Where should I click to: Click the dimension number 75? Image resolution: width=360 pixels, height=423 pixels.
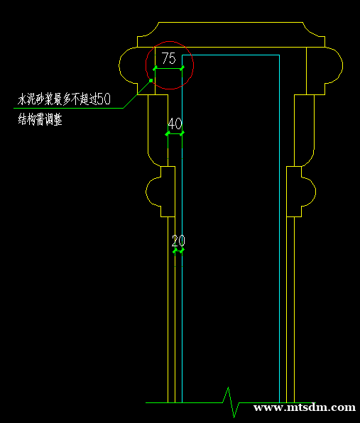tap(169, 58)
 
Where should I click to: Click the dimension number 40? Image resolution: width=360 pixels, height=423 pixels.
tap(175, 123)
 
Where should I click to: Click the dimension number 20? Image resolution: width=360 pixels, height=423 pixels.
tap(178, 241)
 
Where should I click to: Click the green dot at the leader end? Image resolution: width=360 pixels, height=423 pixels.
tap(151, 80)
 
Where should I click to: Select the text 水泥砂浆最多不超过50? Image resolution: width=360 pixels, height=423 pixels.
tap(64, 99)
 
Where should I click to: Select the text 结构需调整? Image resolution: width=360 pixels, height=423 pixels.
tap(40, 119)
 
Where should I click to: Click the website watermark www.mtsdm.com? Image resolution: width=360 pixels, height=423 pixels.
tap(305, 407)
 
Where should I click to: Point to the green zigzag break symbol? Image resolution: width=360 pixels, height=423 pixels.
tap(231, 402)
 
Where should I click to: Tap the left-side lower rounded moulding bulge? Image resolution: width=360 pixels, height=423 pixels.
tap(146, 192)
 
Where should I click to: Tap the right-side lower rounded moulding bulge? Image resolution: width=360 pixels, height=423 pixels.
tap(315, 192)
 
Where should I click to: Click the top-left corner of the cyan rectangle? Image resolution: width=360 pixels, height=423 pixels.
tap(182, 55)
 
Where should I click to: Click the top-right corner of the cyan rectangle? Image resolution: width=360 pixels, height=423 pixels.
tap(279, 55)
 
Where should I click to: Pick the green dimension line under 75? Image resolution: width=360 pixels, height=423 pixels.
tap(169, 69)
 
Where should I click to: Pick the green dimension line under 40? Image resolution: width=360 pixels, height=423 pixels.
tap(175, 133)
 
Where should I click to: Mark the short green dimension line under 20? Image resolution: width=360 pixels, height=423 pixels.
tap(178, 251)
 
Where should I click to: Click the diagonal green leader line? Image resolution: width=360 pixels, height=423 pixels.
tap(137, 94)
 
